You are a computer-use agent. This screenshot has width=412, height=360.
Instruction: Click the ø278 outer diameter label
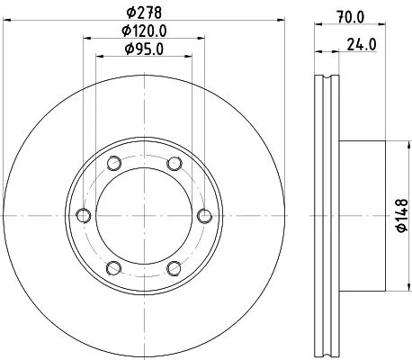click(x=143, y=13)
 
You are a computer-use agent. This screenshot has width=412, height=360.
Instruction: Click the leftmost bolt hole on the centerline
click(x=83, y=215)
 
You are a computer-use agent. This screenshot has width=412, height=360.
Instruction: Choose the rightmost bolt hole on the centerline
click(x=204, y=215)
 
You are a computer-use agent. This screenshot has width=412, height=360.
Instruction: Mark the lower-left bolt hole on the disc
click(x=113, y=267)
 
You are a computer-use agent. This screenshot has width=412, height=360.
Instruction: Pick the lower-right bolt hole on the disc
click(x=174, y=267)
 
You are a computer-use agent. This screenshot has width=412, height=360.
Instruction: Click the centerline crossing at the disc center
click(x=143, y=215)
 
